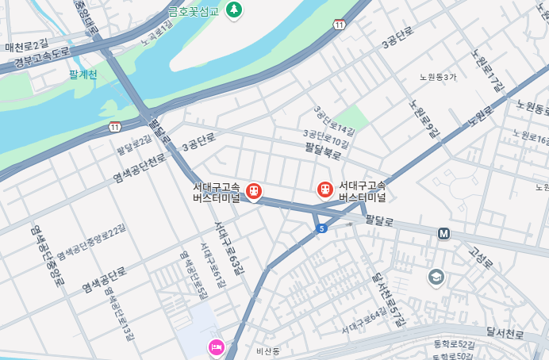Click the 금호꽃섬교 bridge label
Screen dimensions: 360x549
click(x=194, y=11)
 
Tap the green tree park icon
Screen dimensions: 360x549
click(x=234, y=10)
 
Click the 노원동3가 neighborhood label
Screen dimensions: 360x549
click(x=438, y=77)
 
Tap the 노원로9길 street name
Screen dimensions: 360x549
click(x=423, y=119)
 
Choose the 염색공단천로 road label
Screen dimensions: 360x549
click(x=140, y=168)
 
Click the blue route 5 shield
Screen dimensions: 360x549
click(x=321, y=228)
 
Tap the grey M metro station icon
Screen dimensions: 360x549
click(x=443, y=233)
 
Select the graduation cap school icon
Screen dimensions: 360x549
click(x=436, y=277)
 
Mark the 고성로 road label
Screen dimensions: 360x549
click(x=482, y=256)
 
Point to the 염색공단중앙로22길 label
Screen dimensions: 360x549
click(x=91, y=243)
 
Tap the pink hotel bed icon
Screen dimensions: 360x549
click(x=217, y=347)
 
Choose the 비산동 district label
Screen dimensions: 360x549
click(x=268, y=350)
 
